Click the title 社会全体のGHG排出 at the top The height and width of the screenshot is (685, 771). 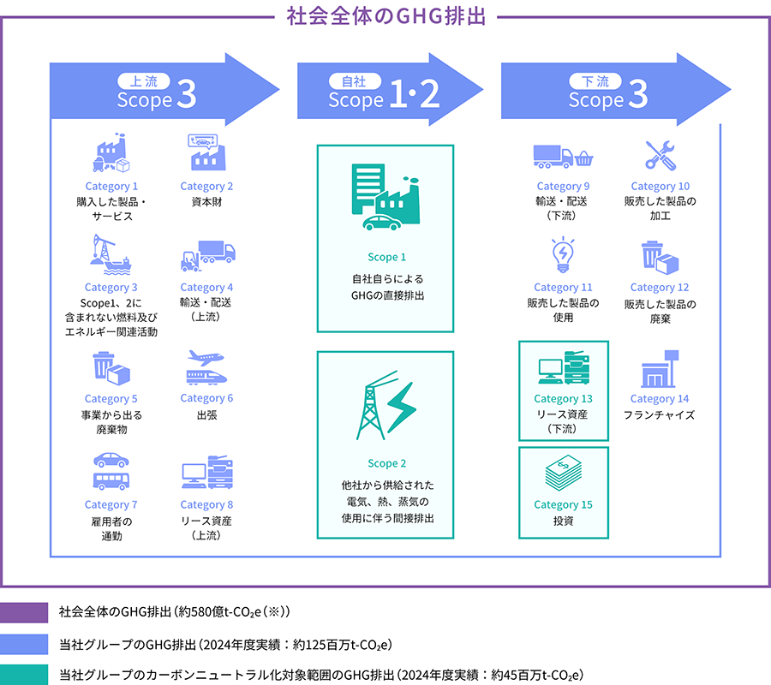coord(386,15)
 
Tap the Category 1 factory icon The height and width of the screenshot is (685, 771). coord(111,152)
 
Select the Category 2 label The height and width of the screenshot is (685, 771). coord(206,187)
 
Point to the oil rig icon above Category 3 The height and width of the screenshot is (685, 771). coord(111,254)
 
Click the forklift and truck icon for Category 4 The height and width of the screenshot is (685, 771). coord(208,256)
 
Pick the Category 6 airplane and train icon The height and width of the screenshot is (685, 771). coord(206,367)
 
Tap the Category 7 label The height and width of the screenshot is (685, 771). coord(111,504)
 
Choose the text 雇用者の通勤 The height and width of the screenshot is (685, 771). coord(111,528)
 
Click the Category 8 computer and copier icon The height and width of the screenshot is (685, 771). coord(207,472)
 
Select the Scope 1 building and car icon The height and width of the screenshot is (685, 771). coord(385,198)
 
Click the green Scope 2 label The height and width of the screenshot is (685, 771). coord(387,463)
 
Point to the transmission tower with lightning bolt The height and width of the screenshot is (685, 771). coord(386,405)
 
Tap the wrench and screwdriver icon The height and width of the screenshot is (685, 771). coord(660,155)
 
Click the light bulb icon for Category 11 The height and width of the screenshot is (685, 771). coord(563,254)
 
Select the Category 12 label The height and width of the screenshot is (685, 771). coord(660,288)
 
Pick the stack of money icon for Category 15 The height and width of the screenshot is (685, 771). coord(564,473)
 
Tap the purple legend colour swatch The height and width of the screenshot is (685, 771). coord(24,612)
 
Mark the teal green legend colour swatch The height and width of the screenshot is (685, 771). coord(24,675)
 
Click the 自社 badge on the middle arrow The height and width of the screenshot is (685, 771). coord(354,81)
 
